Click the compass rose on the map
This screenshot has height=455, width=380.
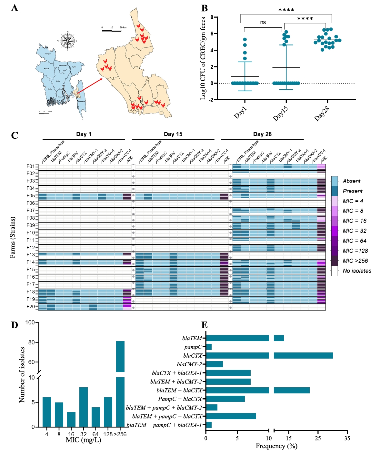[68, 41]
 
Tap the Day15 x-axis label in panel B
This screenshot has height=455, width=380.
[280, 113]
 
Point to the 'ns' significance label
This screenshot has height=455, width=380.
[263, 22]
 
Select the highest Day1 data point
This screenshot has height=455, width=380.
[245, 40]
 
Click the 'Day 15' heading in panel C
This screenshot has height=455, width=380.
[173, 134]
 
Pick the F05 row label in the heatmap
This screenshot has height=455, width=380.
[31, 196]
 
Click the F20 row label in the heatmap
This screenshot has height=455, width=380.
[31, 307]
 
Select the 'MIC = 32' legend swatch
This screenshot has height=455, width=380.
[335, 231]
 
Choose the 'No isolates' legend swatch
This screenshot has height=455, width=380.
[335, 271]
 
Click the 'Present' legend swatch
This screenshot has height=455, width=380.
[335, 191]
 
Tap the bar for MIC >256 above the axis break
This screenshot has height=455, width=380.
[120, 356]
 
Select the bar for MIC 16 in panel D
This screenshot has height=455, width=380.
[71, 419]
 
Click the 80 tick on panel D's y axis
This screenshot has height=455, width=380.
[31, 342]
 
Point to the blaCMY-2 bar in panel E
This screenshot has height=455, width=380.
[214, 364]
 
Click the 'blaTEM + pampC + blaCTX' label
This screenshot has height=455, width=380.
[167, 416]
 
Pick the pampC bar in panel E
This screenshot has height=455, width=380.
[209, 347]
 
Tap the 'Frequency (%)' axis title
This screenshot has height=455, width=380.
[276, 446]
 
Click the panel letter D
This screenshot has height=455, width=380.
[15, 325]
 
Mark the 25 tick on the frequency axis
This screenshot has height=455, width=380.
[318, 438]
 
